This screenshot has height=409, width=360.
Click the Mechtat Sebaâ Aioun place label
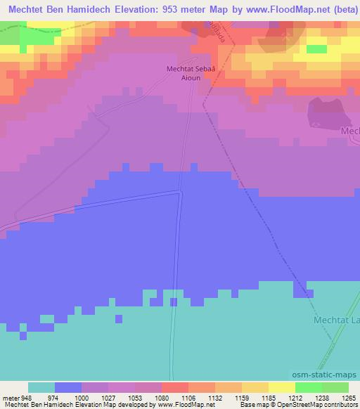point(189,73)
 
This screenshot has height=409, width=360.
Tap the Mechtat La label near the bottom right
point(335,320)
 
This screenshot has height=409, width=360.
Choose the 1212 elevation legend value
point(295,397)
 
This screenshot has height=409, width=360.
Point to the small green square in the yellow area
point(316,48)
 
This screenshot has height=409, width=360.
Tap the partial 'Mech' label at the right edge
point(349,131)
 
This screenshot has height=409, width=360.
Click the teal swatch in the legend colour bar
point(41,387)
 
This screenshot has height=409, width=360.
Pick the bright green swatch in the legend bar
point(308,387)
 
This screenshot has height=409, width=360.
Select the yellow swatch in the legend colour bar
point(281,387)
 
